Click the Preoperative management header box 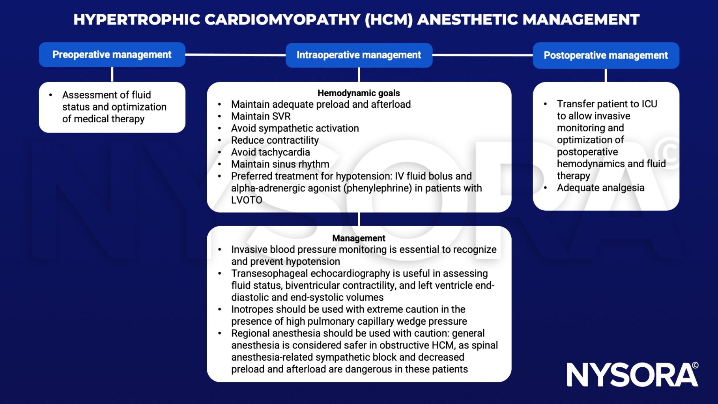112,54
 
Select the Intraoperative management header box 359,55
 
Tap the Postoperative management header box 606,55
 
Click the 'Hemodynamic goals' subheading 359,93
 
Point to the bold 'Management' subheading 359,238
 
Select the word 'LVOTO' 247,200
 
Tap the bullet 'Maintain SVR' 261,116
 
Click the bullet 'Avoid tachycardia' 270,152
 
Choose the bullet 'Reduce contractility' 275,140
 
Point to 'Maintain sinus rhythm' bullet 280,164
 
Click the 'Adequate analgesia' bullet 600,188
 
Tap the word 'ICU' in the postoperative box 649,104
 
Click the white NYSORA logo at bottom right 632,375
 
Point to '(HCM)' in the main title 389,19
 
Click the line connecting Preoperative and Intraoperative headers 235,54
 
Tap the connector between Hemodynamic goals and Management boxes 359,219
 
